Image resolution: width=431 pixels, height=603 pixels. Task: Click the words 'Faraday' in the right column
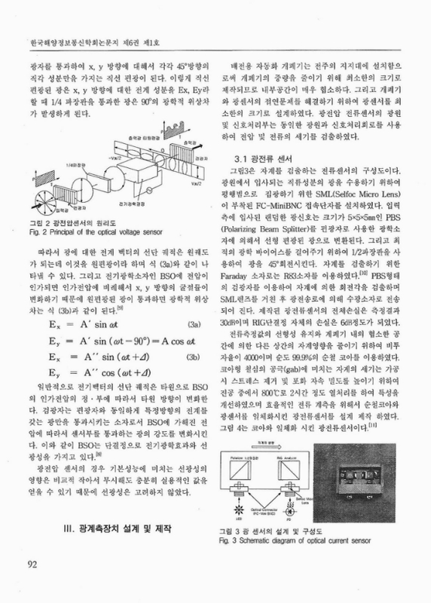[243, 320]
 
